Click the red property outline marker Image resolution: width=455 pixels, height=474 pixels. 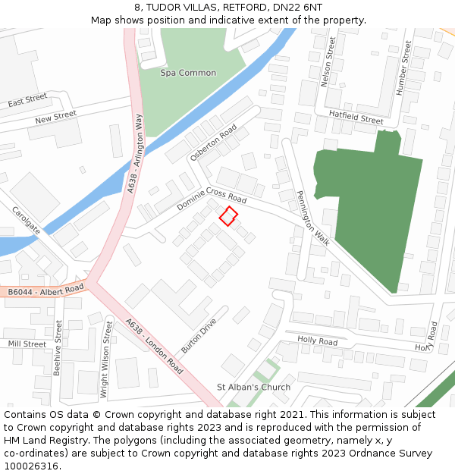tap(227, 216)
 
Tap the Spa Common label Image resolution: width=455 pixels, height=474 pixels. tap(188, 73)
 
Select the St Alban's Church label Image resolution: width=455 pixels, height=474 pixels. tap(253, 387)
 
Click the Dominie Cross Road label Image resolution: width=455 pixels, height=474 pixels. tap(212, 199)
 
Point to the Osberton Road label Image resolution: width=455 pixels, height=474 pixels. tap(214, 142)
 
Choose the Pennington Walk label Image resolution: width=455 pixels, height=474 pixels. tap(313, 218)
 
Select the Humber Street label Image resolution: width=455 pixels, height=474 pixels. tap(403, 67)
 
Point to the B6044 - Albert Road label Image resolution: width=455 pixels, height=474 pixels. tap(45, 290)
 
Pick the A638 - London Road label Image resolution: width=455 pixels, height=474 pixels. tap(155, 346)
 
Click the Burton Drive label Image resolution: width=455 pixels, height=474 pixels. tap(199, 336)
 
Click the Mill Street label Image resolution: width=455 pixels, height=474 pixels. tap(27, 344)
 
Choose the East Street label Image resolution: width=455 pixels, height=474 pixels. tap(27, 100)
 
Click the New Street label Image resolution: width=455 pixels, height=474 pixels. tap(55, 117)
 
